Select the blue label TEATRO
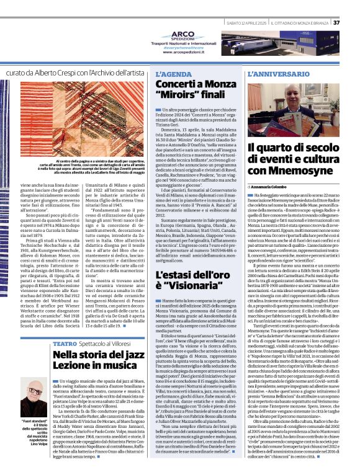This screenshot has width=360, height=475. pyautogui.click(x=65, y=344)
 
